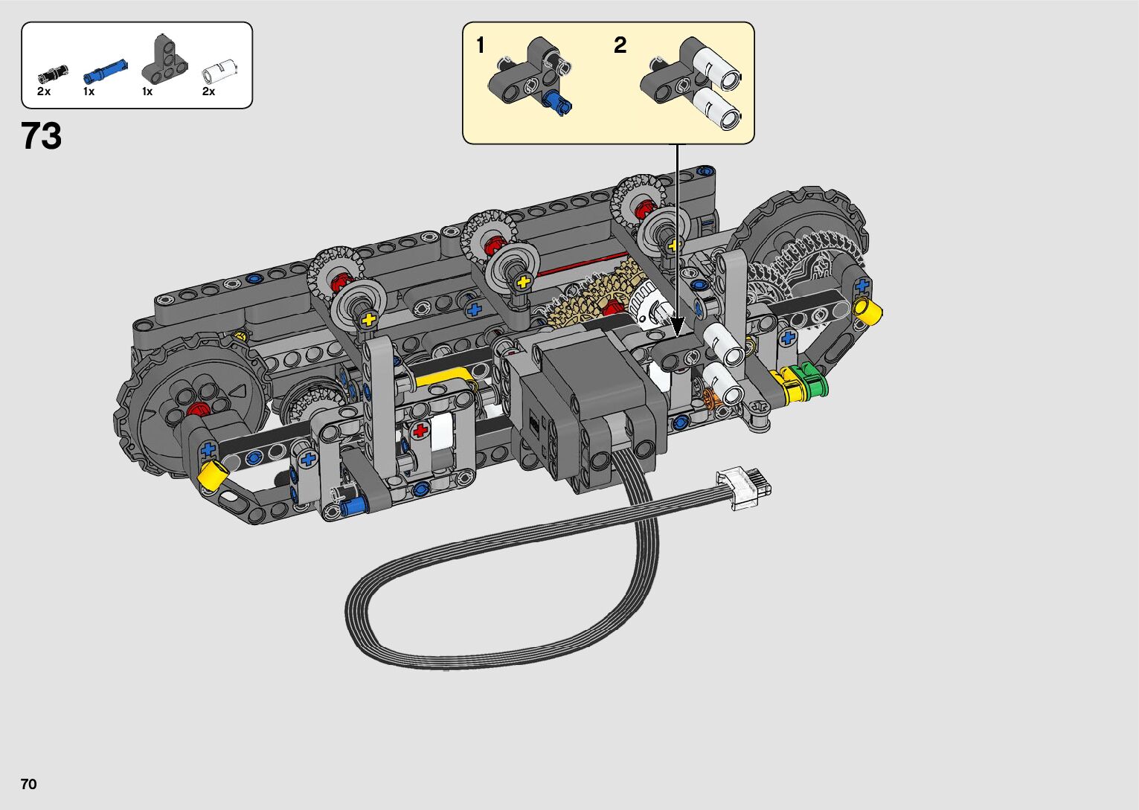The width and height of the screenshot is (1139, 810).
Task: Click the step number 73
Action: pos(42,136)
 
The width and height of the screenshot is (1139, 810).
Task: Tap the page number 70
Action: pos(29,783)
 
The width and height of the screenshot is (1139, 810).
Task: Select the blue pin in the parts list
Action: pos(105,71)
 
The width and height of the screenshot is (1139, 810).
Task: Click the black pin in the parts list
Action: pos(54,74)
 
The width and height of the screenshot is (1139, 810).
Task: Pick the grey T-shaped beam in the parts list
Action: pos(164,59)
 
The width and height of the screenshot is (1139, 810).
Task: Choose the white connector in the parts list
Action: pos(219,71)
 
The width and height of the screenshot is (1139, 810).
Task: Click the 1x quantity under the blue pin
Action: pos(89,91)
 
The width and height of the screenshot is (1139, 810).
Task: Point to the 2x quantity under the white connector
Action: pos(208,91)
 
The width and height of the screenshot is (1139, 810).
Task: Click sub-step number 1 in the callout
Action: pos(481,45)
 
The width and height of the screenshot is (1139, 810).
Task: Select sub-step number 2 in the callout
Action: pos(620,45)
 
